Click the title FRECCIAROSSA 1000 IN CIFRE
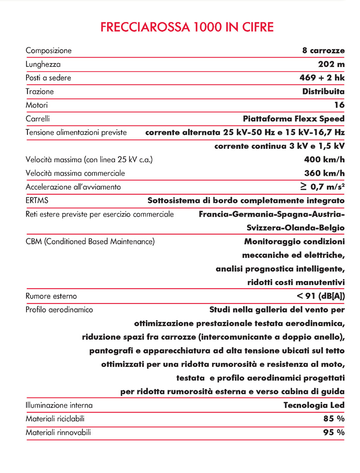[187, 27]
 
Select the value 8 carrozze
[324, 50]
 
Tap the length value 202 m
[331, 64]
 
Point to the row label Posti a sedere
[49, 78]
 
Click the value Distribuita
[324, 91]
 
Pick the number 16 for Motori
[339, 105]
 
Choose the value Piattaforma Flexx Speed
[293, 119]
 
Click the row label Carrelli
[38, 119]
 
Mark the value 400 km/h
[324, 159]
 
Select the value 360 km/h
[324, 173]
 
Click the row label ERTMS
[37, 200]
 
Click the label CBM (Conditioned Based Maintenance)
[90, 241]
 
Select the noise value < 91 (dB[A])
[321, 296]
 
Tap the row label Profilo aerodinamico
[59, 310]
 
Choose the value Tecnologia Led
[314, 405]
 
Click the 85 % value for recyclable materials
[334, 419]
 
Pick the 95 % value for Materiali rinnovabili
[334, 433]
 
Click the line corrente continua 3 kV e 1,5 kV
[279, 146]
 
